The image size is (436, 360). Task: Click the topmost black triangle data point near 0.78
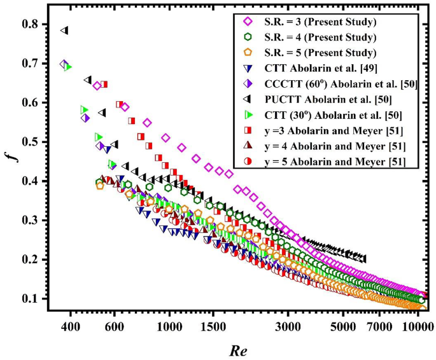pyautogui.click(x=64, y=31)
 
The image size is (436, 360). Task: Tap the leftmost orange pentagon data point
pyautogui.click(x=100, y=186)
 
